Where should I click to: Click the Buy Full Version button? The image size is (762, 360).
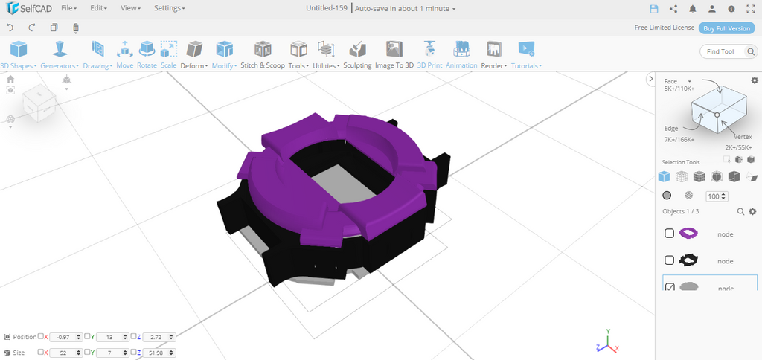pos(727,28)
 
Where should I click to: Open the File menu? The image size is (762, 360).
pos(68,8)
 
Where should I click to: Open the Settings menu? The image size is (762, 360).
pos(169,8)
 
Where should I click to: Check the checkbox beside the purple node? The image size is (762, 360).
pos(670,234)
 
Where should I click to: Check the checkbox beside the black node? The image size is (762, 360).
pos(670,260)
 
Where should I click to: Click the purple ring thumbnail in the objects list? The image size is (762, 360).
pos(689,234)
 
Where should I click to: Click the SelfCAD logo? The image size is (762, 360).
pos(28,8)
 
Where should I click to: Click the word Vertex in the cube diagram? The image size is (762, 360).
pos(743,137)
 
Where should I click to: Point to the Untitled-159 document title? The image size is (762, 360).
pos(327,8)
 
